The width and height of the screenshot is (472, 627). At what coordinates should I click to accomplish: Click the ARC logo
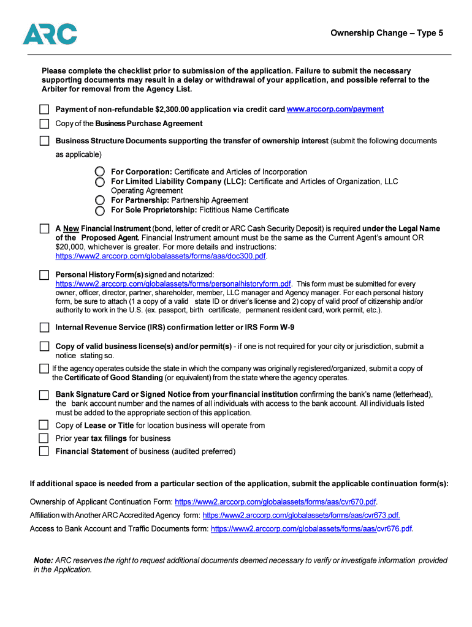click(50, 34)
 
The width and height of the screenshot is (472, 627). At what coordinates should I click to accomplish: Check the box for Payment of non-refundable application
click(44, 109)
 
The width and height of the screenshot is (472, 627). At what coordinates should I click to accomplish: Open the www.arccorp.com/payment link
click(335, 109)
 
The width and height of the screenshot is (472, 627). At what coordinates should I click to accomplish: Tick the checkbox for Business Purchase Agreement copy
click(44, 124)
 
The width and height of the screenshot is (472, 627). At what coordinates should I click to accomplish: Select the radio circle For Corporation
click(100, 172)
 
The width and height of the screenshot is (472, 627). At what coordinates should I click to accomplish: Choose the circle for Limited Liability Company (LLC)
click(100, 182)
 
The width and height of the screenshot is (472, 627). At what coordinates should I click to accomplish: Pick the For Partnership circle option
click(100, 200)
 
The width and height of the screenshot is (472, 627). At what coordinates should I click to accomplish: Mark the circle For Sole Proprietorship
click(100, 210)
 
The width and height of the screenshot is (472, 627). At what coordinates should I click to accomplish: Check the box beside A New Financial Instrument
click(44, 228)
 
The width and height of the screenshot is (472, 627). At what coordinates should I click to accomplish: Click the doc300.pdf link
click(161, 256)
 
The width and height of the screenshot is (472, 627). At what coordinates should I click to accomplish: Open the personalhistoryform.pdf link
click(173, 284)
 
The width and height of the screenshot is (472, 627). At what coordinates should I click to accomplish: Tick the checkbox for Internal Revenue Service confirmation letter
click(44, 328)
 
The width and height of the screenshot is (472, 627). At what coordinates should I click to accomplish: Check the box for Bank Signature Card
click(44, 395)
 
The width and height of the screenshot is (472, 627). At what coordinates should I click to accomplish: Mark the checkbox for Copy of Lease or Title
click(44, 425)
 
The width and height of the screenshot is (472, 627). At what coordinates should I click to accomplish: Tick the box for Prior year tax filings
click(44, 438)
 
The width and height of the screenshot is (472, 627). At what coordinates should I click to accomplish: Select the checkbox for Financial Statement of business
click(44, 452)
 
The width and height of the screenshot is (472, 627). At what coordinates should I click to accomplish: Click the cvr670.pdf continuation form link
click(275, 502)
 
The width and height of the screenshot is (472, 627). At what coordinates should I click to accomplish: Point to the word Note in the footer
click(43, 560)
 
